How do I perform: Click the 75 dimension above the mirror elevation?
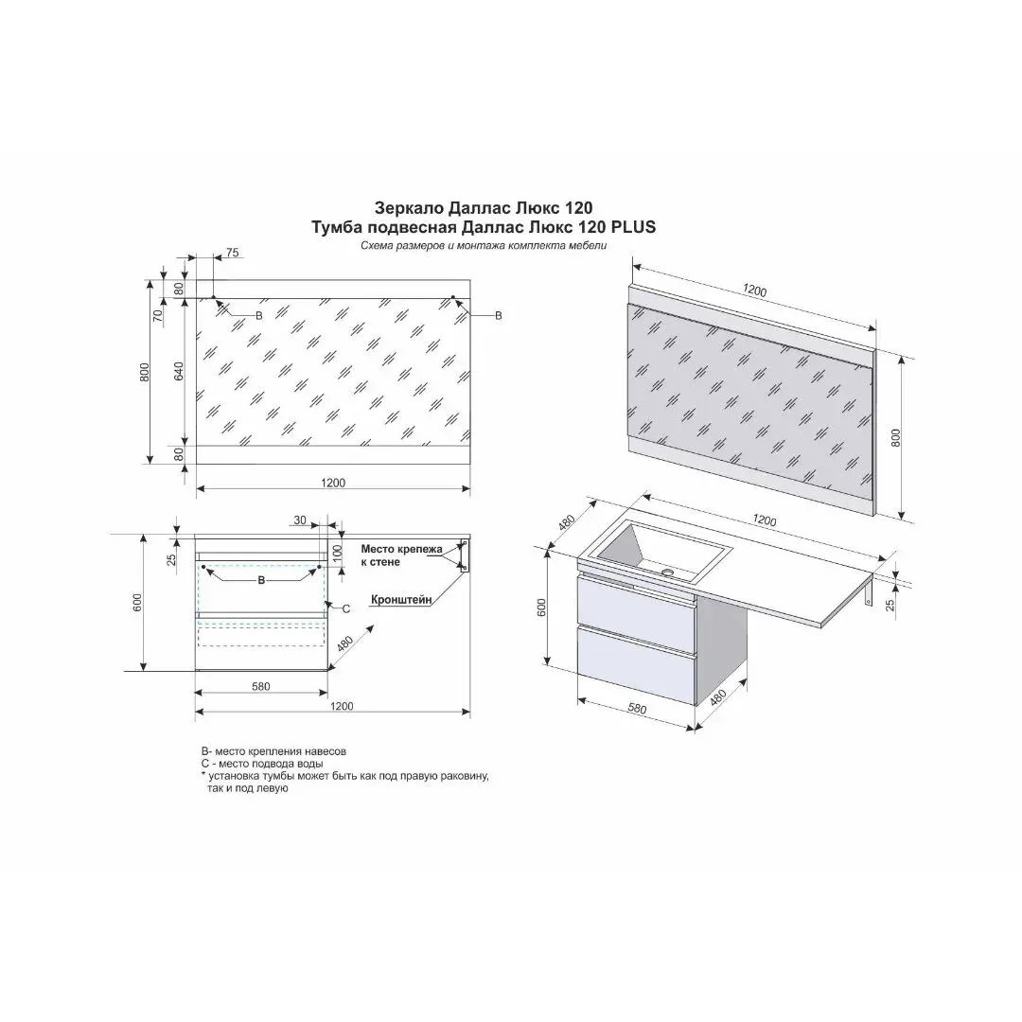coord(233,253)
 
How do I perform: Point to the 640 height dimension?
coord(179,371)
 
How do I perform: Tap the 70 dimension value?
coord(156,315)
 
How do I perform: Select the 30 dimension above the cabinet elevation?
coord(300,520)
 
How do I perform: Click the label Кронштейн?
coord(401,600)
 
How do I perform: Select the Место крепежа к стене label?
coord(401,555)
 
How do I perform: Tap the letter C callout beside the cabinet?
coord(346,608)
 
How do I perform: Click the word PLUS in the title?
coord(633,227)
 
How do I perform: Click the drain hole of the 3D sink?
coord(667,573)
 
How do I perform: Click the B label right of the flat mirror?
coord(499,316)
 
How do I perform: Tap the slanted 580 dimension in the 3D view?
coord(637,708)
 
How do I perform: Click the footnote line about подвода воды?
coord(262,764)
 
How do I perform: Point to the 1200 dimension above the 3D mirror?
coord(755,291)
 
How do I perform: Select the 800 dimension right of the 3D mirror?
coord(895,437)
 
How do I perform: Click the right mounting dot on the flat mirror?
coord(453,297)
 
